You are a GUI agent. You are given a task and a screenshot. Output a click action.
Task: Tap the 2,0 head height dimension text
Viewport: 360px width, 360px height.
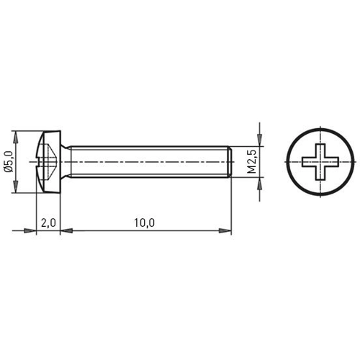[48, 223]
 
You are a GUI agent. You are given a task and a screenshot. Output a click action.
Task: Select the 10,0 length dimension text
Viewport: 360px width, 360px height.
[144, 223]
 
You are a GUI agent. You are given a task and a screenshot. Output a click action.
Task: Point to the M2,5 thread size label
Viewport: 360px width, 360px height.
[252, 162]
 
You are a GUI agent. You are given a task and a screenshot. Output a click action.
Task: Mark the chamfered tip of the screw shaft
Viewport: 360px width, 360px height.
[229, 162]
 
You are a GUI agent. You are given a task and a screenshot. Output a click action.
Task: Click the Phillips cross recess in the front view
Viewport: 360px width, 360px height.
[318, 162]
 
